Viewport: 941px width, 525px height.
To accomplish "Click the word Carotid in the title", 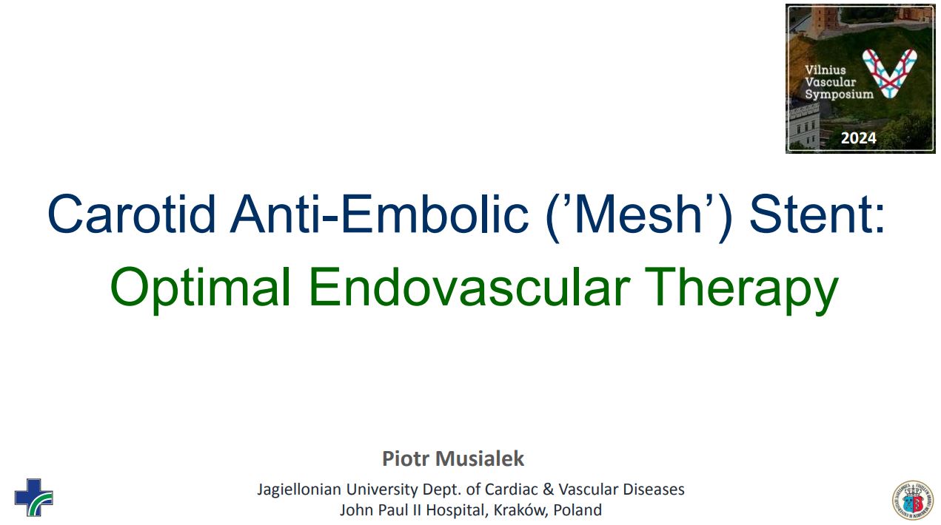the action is coord(132,214).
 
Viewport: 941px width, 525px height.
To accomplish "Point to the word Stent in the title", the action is coord(812,214).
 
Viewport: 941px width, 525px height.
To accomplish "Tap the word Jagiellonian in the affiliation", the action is coord(299,490).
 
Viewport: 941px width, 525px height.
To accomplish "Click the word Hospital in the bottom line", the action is coord(457,510).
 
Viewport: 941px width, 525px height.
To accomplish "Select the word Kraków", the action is coord(521,510).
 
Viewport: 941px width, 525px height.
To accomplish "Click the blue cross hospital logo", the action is coord(33,498).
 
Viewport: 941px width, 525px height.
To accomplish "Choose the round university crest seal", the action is coord(913,501).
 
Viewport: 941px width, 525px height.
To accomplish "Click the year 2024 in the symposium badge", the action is coord(859,138).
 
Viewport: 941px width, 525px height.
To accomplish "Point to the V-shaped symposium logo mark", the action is coord(889,73).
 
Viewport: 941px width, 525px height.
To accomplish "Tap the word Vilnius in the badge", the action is coord(825,70).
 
